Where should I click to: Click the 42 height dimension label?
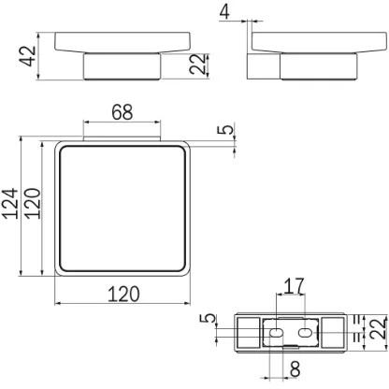[x=28, y=56]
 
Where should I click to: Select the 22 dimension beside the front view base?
[x=198, y=65]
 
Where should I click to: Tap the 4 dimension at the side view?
[x=224, y=12]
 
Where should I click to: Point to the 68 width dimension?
[x=122, y=112]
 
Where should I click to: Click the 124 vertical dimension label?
[x=9, y=203]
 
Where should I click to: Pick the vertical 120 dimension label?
[x=33, y=203]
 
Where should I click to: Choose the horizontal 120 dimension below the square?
[x=123, y=294]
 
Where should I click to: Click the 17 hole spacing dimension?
[x=294, y=286]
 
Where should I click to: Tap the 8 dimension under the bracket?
[x=295, y=369]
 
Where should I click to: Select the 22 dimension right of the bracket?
[x=379, y=328]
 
